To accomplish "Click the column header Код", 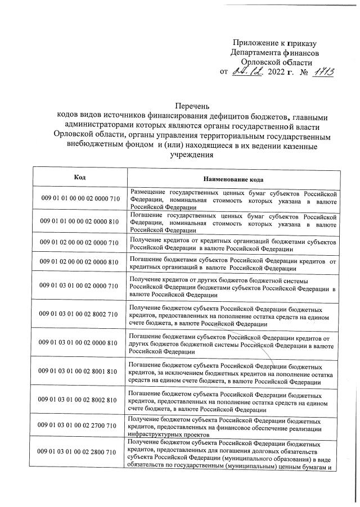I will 80,177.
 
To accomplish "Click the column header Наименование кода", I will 232,178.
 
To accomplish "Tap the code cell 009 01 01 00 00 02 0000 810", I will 80,221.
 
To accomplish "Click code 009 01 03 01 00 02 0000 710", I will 80,286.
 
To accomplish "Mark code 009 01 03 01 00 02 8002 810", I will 80,400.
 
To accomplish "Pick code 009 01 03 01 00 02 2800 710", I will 80,452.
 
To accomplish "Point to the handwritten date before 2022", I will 248,72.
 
